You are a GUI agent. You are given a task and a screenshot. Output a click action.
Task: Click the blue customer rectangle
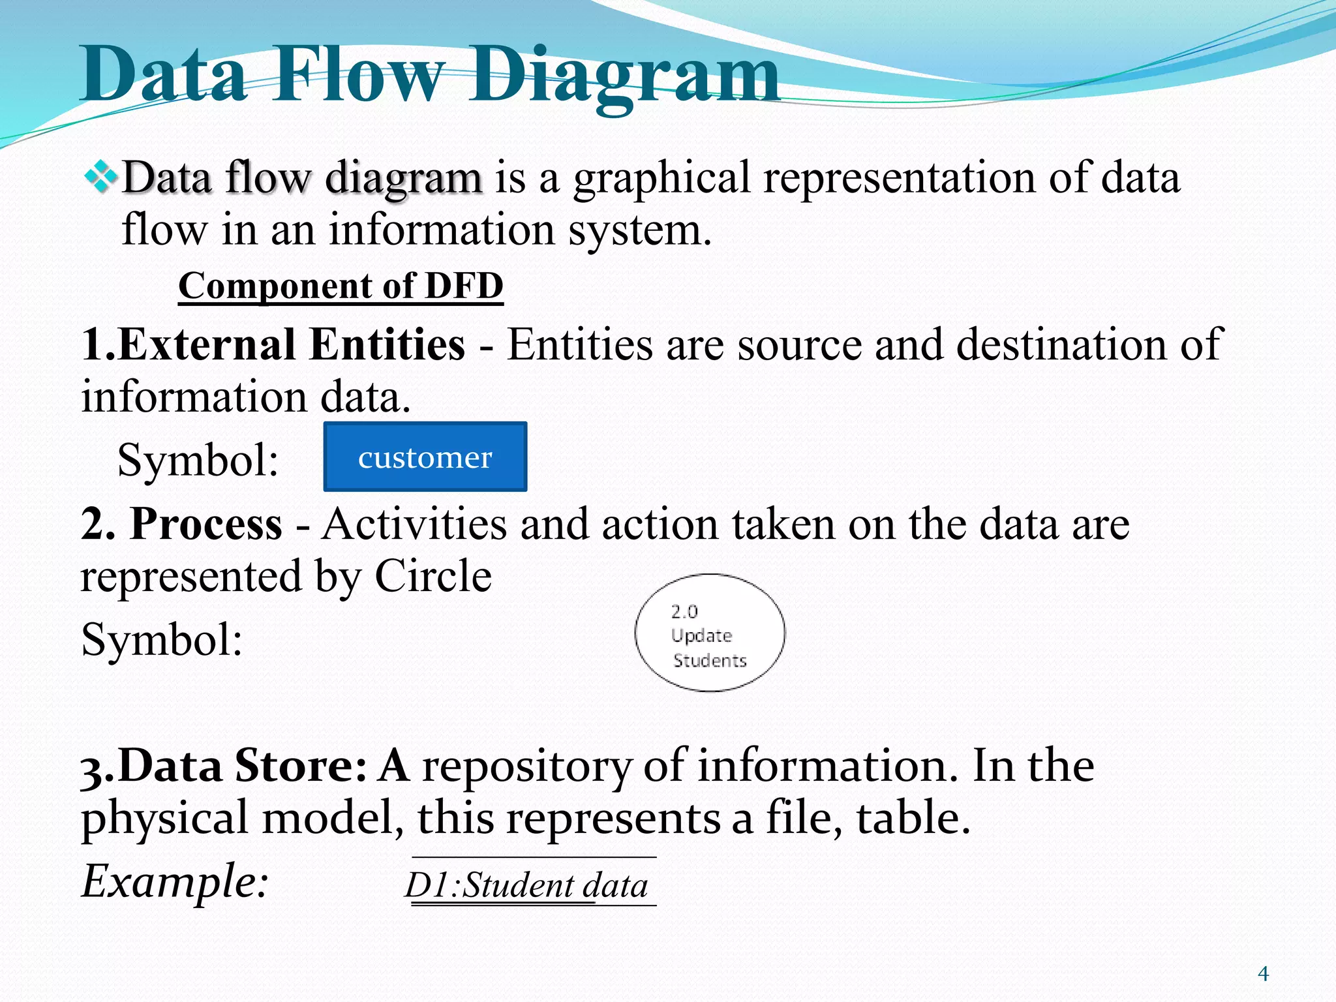coord(425,457)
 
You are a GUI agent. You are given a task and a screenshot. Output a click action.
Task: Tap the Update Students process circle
coord(710,633)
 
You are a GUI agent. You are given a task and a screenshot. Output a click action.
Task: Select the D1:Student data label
coord(526,886)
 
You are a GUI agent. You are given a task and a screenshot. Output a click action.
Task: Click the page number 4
coord(1263,974)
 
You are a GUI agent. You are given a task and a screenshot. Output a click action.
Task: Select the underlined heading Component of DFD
coord(341,286)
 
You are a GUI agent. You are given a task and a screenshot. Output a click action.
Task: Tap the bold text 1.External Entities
coord(273,344)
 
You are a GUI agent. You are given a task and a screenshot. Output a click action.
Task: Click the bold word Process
coord(206,524)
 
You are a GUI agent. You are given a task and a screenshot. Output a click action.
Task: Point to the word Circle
coord(433,576)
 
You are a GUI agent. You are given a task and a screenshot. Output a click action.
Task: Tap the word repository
coord(527,767)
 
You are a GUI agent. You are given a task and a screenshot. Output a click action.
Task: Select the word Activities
coord(414,524)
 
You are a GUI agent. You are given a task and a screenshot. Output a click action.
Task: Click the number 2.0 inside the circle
coord(684,611)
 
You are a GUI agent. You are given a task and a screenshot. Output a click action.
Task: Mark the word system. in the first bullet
coord(639,230)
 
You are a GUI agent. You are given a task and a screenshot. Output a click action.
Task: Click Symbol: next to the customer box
coord(198,460)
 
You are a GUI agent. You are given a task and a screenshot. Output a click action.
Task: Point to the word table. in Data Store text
coord(913,818)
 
